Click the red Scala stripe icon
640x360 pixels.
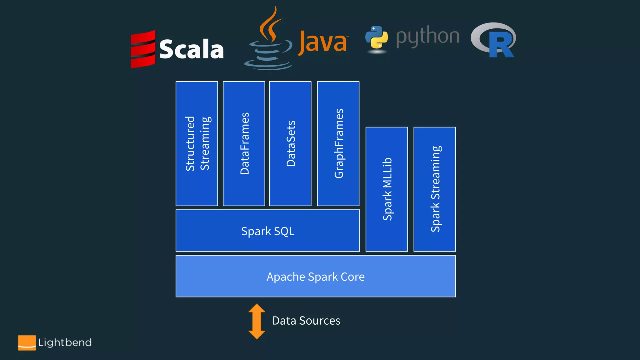(x=143, y=49)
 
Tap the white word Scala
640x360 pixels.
(x=191, y=49)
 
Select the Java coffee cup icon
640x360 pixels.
(x=269, y=41)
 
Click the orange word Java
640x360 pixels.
(x=323, y=42)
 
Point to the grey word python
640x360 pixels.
(x=427, y=37)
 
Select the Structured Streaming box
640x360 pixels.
(x=197, y=143)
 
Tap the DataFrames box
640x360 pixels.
(x=244, y=143)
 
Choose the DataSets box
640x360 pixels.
(x=290, y=143)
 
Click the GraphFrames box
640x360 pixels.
(x=338, y=143)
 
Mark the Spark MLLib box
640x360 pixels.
(x=387, y=189)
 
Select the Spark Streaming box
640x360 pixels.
(x=435, y=189)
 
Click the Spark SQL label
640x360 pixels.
(x=268, y=231)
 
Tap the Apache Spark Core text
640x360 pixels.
(x=315, y=277)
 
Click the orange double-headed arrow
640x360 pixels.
(x=257, y=321)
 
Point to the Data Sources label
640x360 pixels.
(x=306, y=321)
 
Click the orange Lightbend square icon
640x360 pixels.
(x=27, y=342)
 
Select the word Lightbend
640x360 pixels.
(x=65, y=342)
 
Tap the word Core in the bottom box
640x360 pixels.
(x=352, y=277)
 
